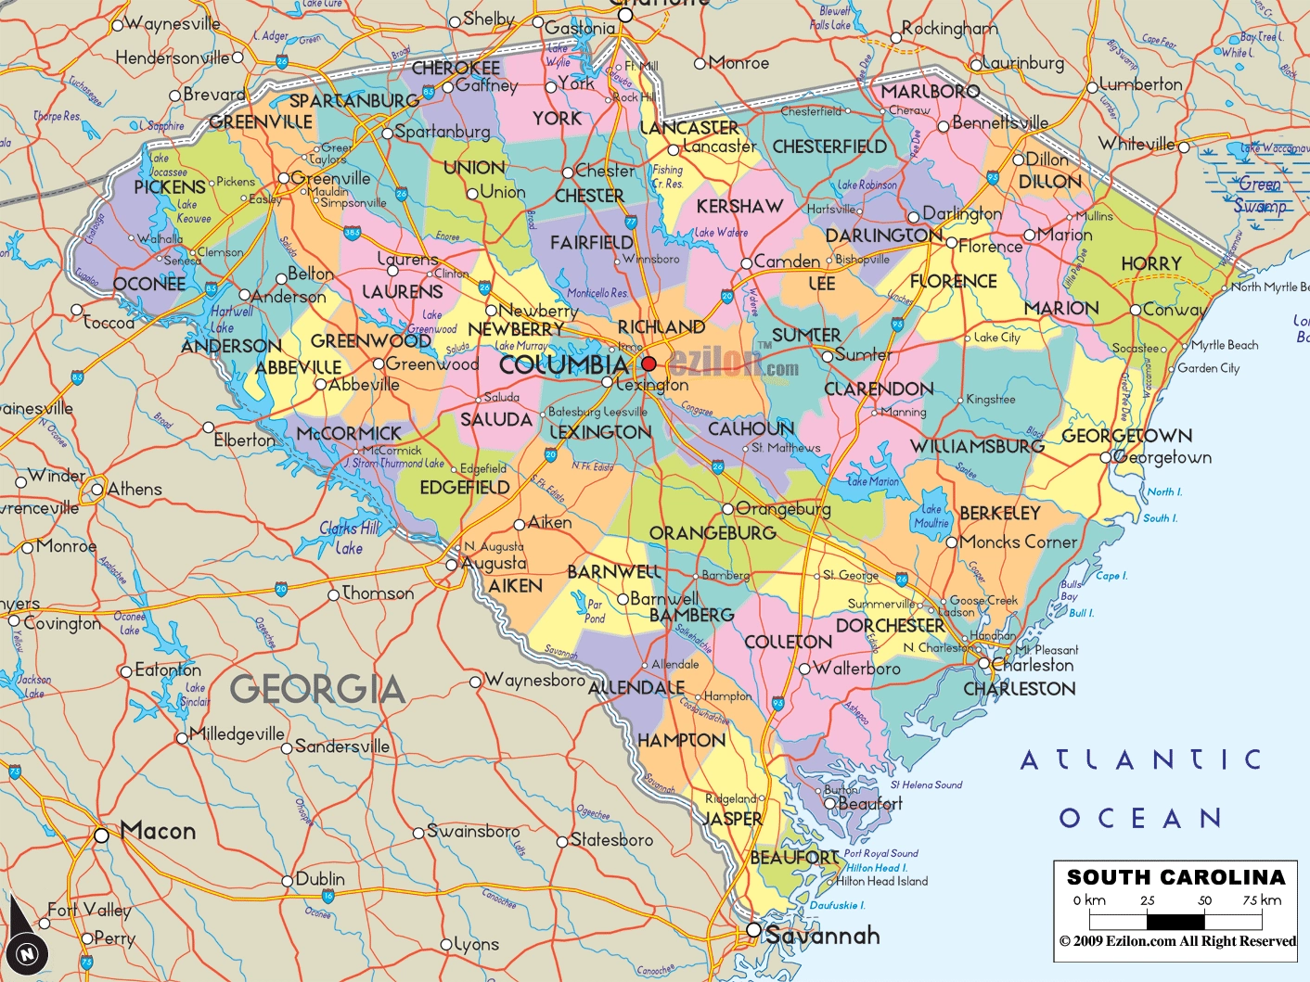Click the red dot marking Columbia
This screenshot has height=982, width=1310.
(649, 363)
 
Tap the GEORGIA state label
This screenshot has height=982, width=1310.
(317, 689)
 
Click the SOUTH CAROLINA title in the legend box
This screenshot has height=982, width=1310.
(1175, 877)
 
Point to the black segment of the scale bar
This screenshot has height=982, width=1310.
(1175, 922)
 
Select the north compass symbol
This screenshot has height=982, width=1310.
(27, 951)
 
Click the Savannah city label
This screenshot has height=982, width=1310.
(822, 935)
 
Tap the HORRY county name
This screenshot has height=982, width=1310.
(1150, 264)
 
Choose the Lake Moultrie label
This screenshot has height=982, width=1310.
(931, 517)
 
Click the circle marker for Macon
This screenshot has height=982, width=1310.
(101, 835)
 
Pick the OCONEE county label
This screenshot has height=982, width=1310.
(148, 284)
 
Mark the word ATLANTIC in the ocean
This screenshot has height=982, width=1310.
(1140, 760)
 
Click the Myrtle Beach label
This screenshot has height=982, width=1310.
(1225, 345)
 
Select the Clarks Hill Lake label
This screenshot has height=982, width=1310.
(350, 538)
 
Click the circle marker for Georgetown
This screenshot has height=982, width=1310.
(1106, 457)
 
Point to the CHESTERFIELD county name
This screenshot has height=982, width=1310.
(829, 147)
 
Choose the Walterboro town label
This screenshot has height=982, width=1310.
(855, 669)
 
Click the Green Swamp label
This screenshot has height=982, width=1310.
(1259, 195)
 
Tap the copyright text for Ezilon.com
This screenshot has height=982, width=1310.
(1176, 941)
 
